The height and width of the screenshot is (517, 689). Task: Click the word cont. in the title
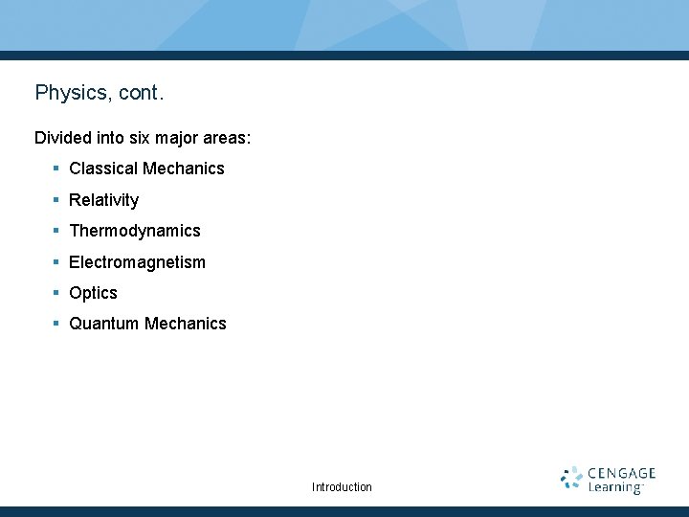[x=142, y=93]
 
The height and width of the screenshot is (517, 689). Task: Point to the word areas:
[x=226, y=138]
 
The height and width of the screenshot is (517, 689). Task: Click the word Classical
[x=103, y=169]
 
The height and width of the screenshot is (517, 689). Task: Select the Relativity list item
[x=103, y=200]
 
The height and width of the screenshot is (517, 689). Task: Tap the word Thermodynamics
[x=135, y=231]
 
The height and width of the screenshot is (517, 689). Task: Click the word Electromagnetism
[x=137, y=262]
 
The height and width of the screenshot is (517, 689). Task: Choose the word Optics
[x=93, y=293]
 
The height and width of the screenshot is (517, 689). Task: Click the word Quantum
[x=104, y=324]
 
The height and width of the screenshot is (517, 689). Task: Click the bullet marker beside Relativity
[x=57, y=199]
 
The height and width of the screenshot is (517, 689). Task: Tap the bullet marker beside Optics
[x=57, y=292]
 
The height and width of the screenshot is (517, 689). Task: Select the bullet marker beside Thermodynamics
[x=57, y=230]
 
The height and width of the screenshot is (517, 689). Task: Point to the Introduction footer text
[x=342, y=487]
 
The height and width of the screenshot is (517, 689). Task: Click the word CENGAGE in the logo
[x=622, y=473]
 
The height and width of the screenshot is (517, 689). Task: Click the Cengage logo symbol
[x=571, y=479]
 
